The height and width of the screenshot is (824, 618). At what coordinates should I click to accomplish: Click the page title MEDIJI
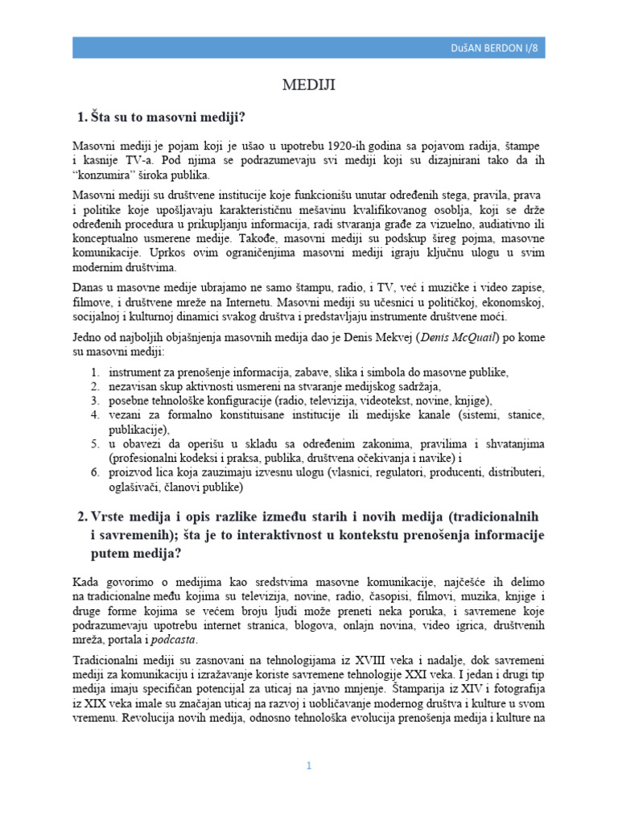click(x=309, y=84)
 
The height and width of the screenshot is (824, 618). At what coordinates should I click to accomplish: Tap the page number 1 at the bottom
click(x=308, y=765)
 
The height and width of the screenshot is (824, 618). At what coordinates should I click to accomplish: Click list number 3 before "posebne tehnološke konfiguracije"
click(x=93, y=400)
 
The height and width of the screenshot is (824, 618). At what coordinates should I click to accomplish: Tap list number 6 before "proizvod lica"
click(x=93, y=472)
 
